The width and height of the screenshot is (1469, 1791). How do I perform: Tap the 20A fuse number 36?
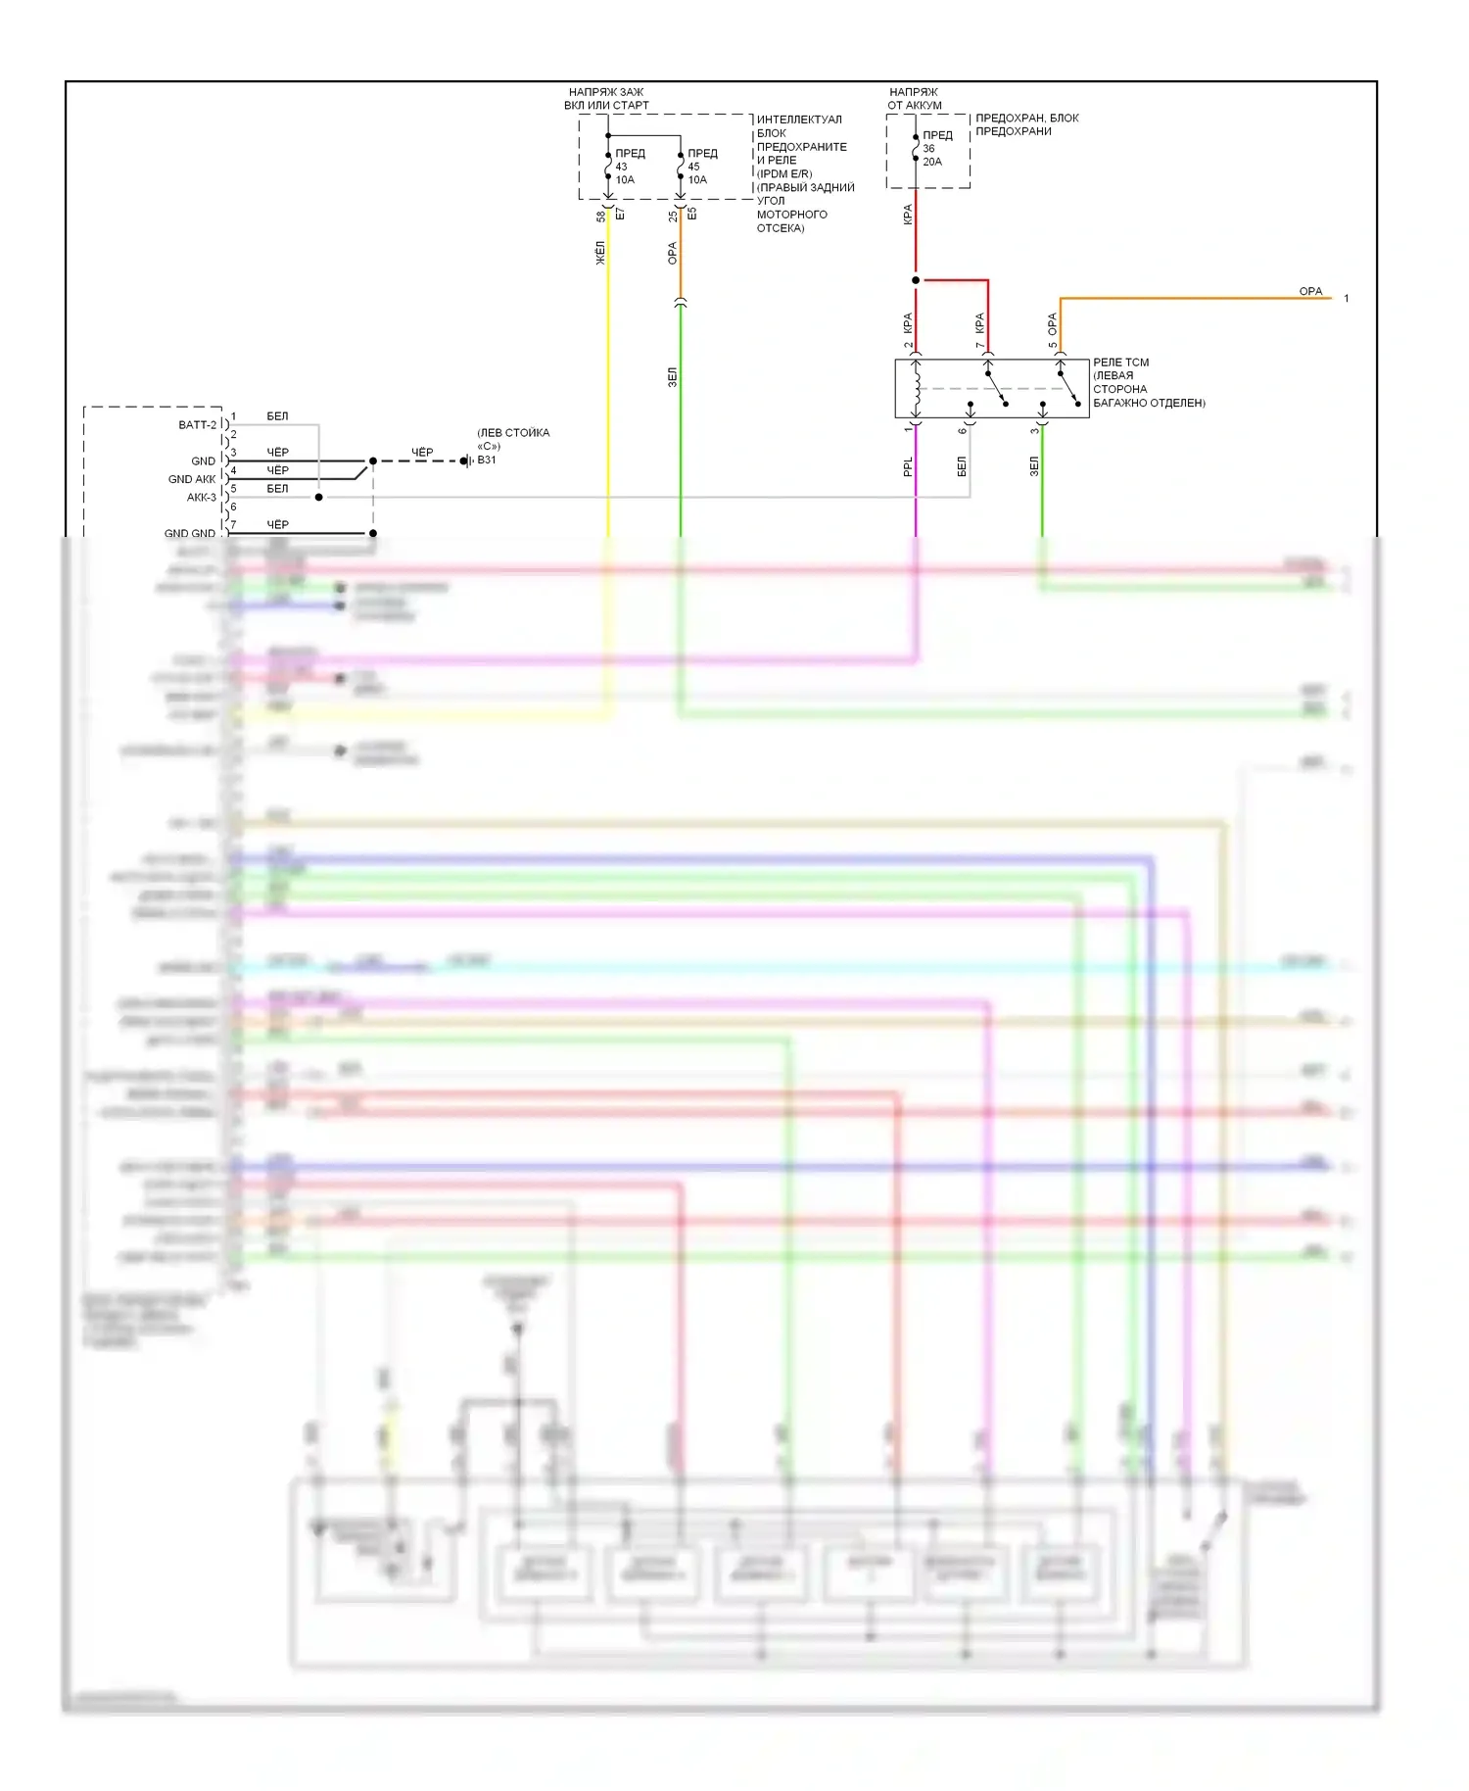[917, 148]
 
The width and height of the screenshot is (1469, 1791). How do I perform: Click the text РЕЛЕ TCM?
[1121, 363]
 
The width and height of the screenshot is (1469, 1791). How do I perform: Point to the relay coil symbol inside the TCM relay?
[917, 389]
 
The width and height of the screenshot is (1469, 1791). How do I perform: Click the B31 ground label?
[487, 460]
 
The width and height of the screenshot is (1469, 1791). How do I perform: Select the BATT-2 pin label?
[197, 425]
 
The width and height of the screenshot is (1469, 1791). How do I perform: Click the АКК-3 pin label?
[201, 498]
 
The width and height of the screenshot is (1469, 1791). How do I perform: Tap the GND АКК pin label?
[192, 479]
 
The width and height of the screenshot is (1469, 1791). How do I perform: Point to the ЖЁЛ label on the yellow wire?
[600, 253]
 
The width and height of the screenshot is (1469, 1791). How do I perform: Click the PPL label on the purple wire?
[908, 467]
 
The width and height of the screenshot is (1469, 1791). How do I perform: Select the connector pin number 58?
[600, 216]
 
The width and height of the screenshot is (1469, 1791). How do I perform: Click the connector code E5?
[691, 214]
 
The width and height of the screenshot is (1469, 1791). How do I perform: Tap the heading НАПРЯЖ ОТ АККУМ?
[914, 99]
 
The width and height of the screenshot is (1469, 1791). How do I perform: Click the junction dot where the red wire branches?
[916, 280]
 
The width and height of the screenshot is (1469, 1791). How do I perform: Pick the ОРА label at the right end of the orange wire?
[1310, 292]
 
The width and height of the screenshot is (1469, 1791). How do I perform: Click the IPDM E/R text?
[784, 173]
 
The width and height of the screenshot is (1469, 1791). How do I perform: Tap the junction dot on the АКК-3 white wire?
[319, 498]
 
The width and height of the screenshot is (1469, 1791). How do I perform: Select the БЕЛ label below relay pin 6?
[962, 466]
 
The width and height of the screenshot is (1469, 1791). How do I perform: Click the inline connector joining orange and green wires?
[681, 304]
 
